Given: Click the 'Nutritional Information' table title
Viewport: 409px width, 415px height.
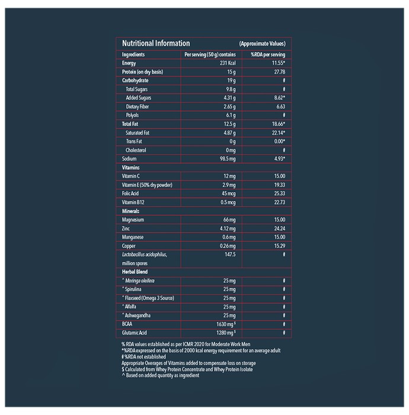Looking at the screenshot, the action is (156, 43).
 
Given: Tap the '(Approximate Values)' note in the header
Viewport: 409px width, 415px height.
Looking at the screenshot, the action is (263, 44).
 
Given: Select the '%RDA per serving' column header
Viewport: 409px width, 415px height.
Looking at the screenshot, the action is (268, 55).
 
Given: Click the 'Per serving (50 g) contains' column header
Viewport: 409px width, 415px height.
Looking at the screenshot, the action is (210, 55).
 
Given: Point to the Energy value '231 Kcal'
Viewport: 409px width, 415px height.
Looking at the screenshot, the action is (228, 63).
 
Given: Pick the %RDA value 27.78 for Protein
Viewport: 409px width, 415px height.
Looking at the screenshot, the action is (280, 72).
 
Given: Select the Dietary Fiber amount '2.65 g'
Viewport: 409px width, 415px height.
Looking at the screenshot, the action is (229, 107).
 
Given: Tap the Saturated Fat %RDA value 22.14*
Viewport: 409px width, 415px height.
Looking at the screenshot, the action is (279, 133).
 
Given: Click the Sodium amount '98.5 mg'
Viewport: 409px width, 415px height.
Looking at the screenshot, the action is (228, 159).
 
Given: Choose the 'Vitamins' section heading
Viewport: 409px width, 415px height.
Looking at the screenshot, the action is (130, 168).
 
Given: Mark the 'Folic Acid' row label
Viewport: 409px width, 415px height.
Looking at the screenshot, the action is (130, 193).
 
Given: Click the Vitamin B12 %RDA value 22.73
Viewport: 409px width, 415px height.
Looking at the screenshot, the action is (280, 202).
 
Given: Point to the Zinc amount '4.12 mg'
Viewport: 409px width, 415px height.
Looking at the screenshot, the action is (228, 228).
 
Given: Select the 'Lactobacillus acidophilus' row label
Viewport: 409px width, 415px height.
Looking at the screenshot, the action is (145, 254).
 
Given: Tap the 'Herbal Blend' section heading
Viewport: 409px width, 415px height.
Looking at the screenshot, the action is (135, 272).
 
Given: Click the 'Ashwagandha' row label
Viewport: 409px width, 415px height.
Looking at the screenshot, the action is (136, 315).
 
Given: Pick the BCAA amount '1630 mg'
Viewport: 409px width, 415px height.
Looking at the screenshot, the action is (226, 324).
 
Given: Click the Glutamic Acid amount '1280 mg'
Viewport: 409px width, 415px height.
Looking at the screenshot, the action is (226, 333).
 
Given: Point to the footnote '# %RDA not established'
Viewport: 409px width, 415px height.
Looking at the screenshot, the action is (143, 357).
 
